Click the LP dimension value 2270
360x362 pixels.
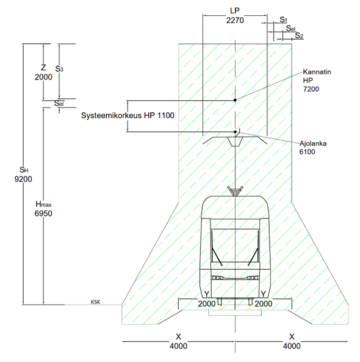click(235, 20)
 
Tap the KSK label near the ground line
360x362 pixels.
click(95, 302)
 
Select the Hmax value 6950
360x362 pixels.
click(43, 213)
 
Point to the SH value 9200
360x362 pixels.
click(23, 179)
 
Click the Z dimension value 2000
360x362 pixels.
click(43, 77)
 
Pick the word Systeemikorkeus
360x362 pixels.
click(111, 115)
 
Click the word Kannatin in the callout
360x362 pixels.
click(317, 72)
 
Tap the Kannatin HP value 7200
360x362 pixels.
click(311, 89)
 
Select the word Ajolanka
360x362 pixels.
click(313, 143)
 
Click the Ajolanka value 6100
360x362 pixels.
click(307, 152)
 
